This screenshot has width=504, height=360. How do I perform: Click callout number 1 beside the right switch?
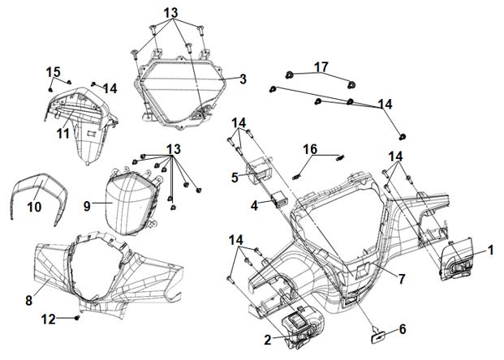490,250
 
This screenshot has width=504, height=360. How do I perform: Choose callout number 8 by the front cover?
29,300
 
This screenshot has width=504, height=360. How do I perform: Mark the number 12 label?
50,319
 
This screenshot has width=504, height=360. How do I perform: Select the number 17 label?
321,66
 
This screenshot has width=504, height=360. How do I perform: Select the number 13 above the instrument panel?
170,14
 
